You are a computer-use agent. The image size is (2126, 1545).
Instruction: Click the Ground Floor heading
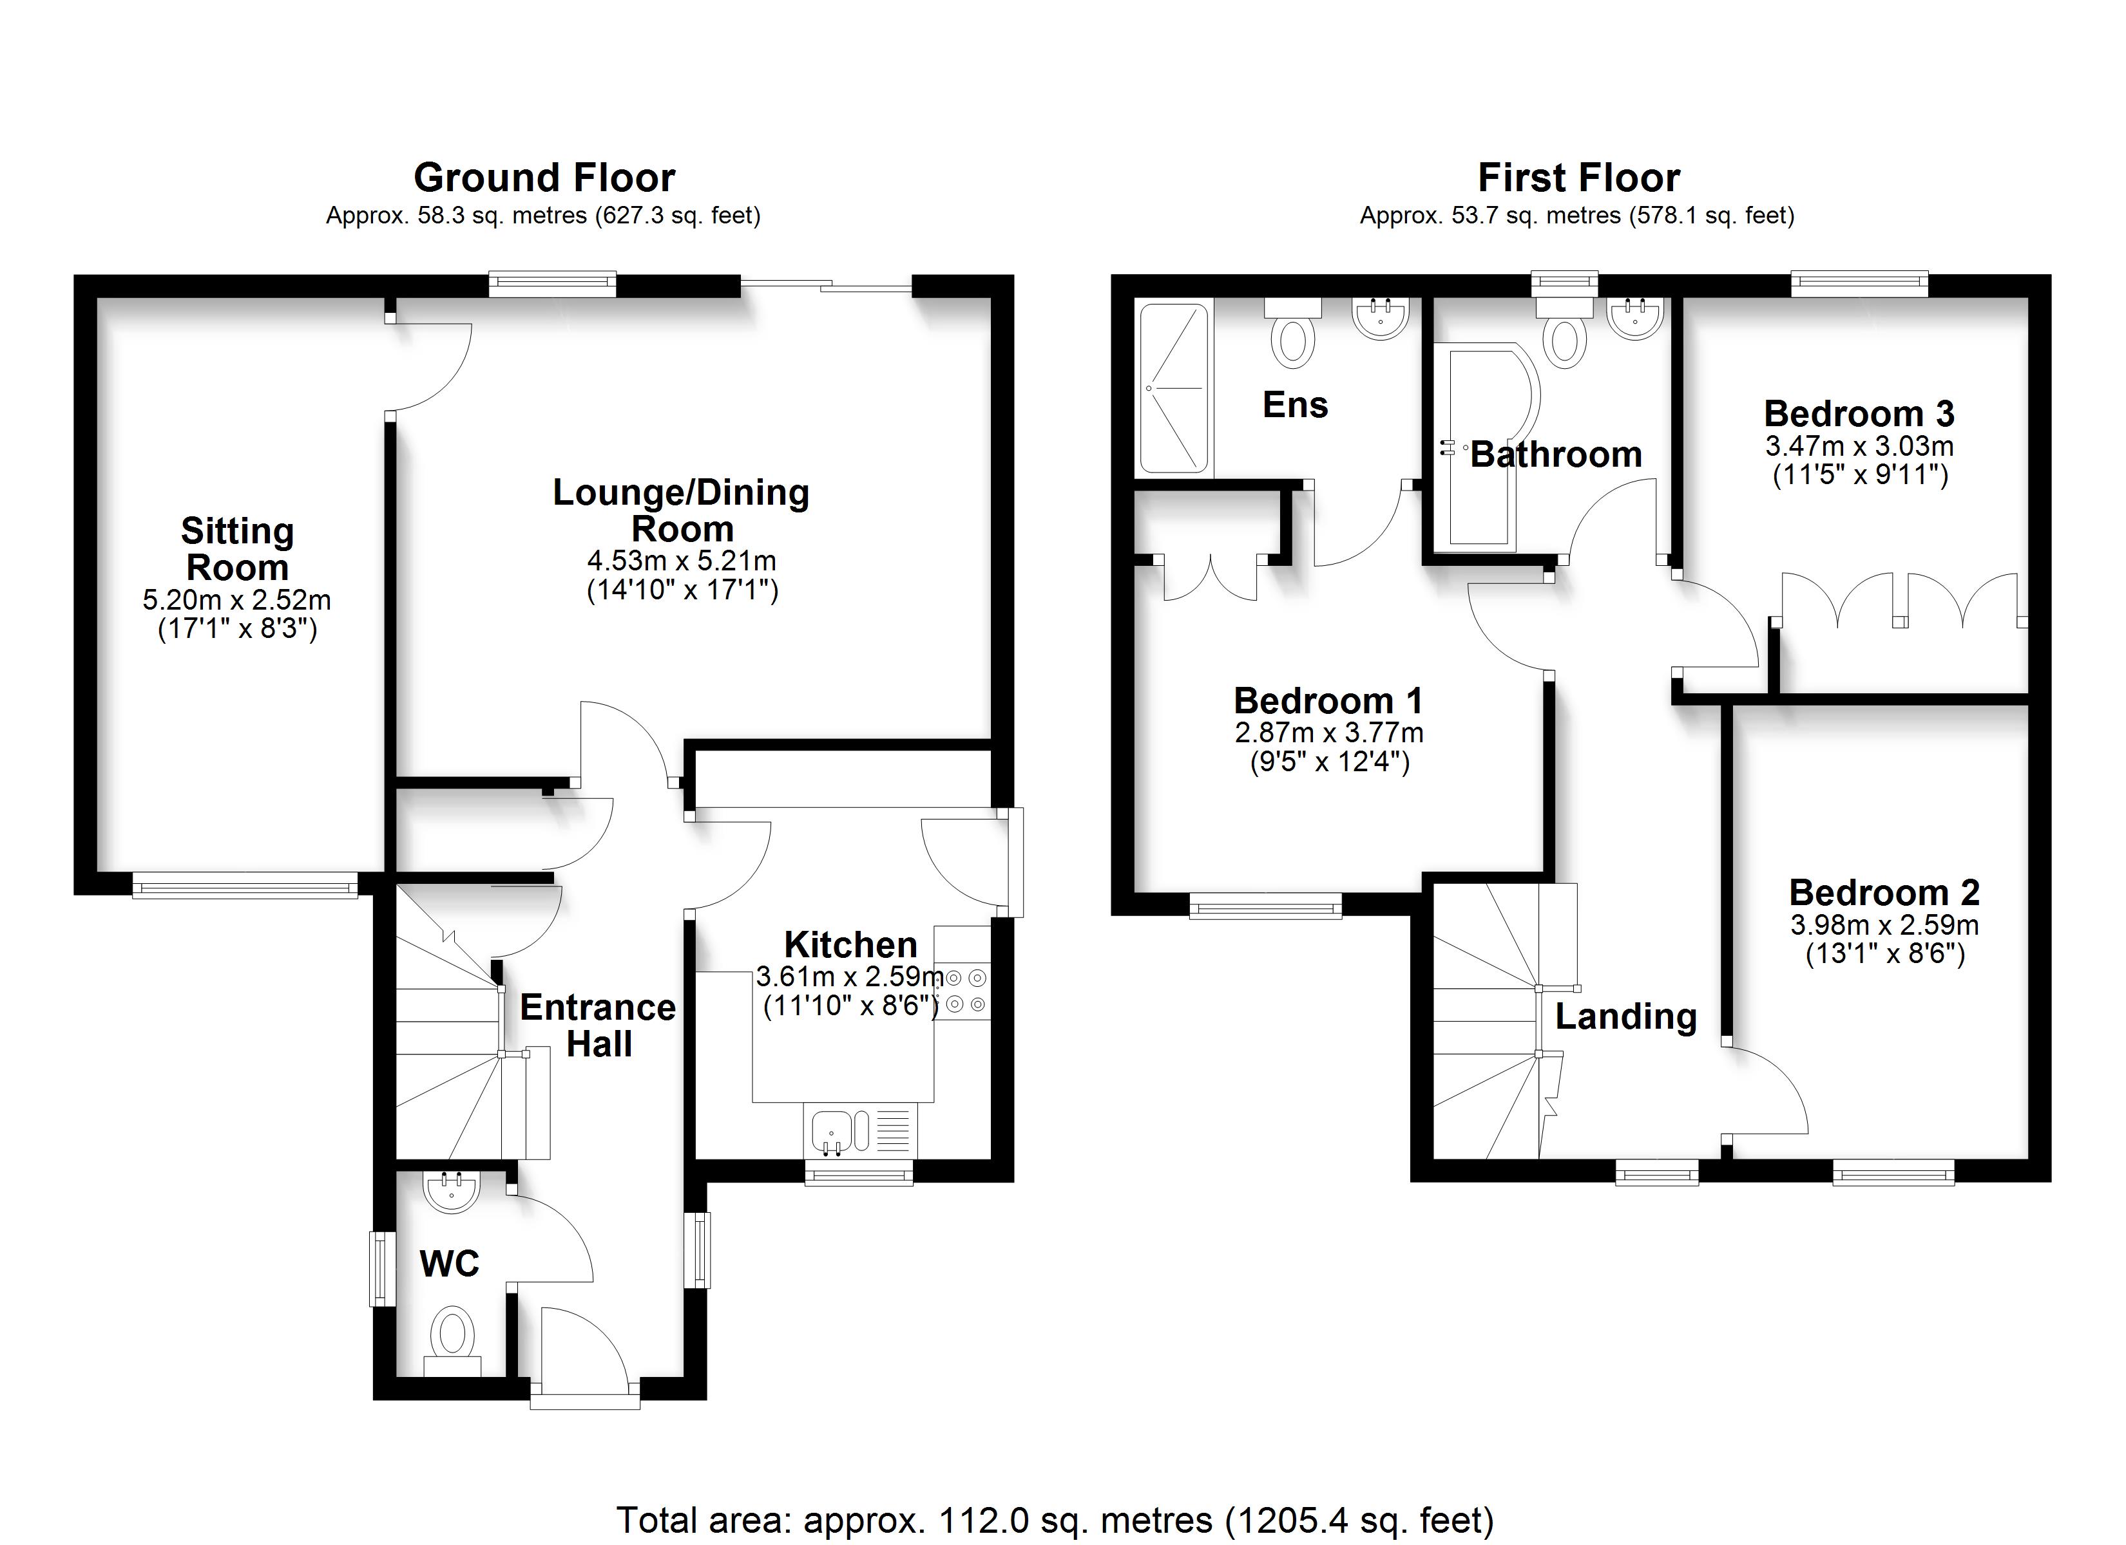[x=544, y=177]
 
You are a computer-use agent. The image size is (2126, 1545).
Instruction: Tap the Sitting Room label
[x=237, y=549]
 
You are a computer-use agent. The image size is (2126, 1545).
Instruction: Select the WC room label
[x=449, y=1264]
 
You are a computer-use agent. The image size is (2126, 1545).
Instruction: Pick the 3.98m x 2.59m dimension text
[x=1884, y=925]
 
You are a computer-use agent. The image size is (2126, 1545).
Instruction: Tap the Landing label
[x=1626, y=1016]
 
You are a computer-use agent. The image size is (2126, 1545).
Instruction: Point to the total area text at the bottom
[x=1055, y=1520]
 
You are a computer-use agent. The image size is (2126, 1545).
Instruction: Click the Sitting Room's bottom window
[x=245, y=885]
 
